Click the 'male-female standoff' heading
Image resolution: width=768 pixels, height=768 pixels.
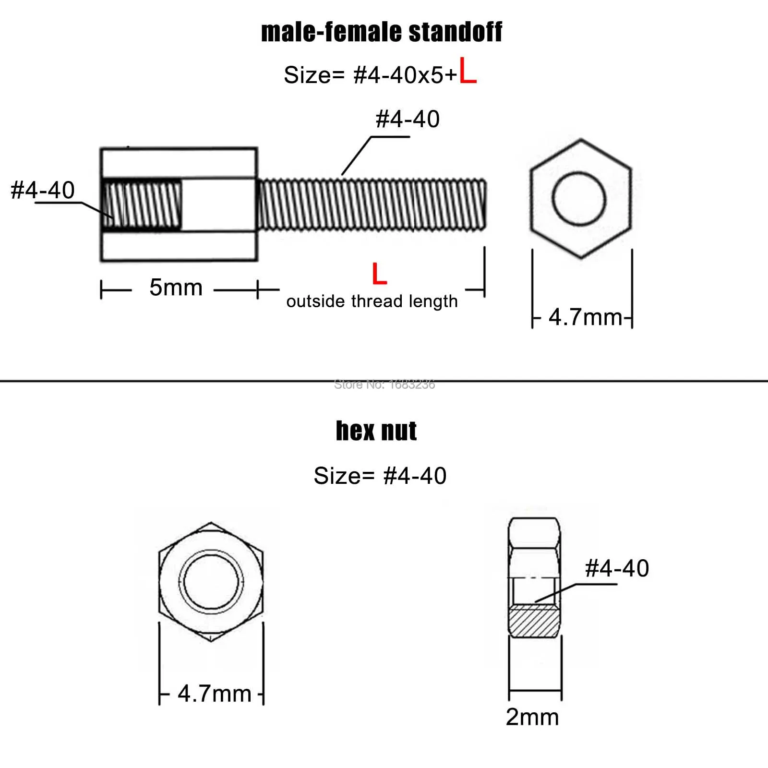(x=382, y=33)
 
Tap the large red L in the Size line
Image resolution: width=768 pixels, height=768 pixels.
(x=468, y=71)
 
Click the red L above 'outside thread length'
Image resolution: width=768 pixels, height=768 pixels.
(x=379, y=274)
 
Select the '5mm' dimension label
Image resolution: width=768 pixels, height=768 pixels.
(x=176, y=288)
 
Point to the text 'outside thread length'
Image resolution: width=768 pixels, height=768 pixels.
(x=372, y=301)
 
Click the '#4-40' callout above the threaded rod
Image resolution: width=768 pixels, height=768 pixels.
(x=408, y=119)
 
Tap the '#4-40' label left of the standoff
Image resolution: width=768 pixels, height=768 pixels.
(x=43, y=190)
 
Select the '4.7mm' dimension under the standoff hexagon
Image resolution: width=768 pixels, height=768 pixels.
(x=585, y=317)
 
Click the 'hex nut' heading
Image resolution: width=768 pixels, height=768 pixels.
(x=376, y=431)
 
